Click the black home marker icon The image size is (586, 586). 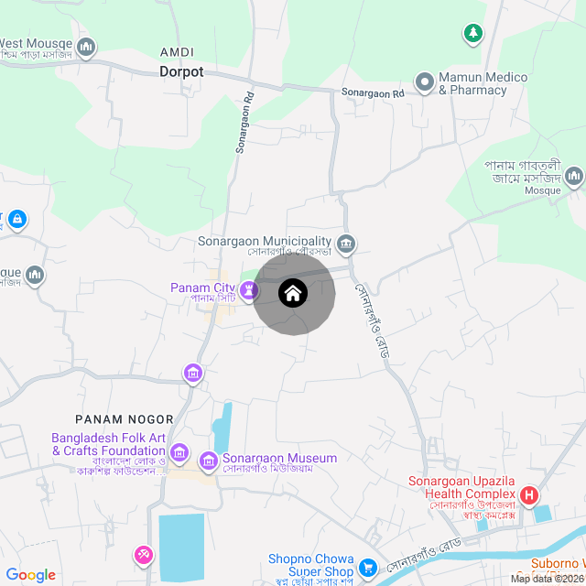293,294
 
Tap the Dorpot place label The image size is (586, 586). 181,71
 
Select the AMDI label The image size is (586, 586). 177,51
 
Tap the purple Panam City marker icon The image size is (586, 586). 247,292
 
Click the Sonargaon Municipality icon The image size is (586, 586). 347,243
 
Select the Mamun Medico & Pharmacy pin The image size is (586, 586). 425,82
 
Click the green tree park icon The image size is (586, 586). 472,34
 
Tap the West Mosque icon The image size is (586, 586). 87,47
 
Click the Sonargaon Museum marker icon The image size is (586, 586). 209,460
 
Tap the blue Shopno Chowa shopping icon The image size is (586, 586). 368,568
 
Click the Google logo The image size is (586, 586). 30,575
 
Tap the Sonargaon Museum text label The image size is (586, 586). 280,458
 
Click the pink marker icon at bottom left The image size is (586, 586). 144,555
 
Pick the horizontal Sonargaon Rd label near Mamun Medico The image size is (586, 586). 373,93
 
